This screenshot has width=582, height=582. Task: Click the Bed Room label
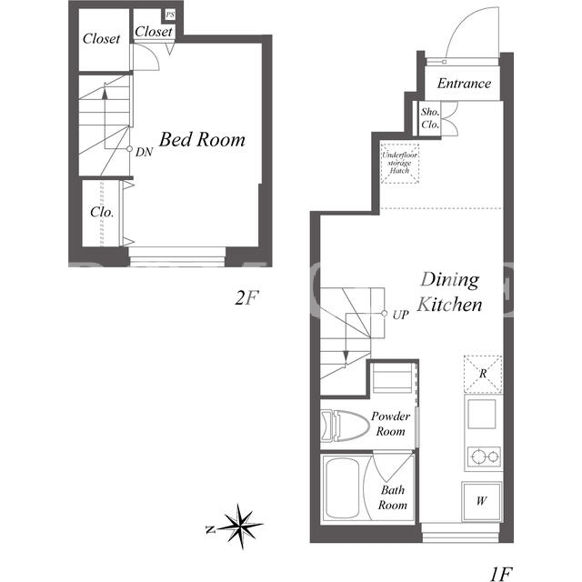coord(202,140)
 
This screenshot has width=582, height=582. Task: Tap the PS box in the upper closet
coord(170,15)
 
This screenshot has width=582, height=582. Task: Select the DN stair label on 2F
coord(144,152)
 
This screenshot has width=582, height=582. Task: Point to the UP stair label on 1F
coord(400,316)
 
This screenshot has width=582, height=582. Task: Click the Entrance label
coord(464,83)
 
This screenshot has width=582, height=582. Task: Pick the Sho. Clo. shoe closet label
coord(430,118)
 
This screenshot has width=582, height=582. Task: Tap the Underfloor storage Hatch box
coord(400,164)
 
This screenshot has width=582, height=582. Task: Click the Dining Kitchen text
coord(449,292)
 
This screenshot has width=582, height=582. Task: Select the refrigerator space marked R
coord(483,374)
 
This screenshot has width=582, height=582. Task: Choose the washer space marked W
coord(482,501)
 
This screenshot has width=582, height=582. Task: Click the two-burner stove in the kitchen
coord(484,457)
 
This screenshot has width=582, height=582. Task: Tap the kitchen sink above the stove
coord(482,414)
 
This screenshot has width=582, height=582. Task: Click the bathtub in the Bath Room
coord(343,487)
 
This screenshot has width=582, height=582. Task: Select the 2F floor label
coord(246,297)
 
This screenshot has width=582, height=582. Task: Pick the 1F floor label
coord(501,574)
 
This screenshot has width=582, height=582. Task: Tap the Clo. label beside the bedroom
coord(102,212)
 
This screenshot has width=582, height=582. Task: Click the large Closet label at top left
coord(101,38)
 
